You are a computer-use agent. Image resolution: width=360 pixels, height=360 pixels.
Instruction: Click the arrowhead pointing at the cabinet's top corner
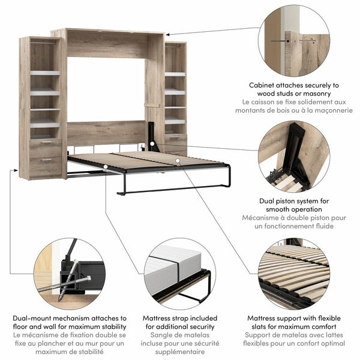click(x=167, y=34)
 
